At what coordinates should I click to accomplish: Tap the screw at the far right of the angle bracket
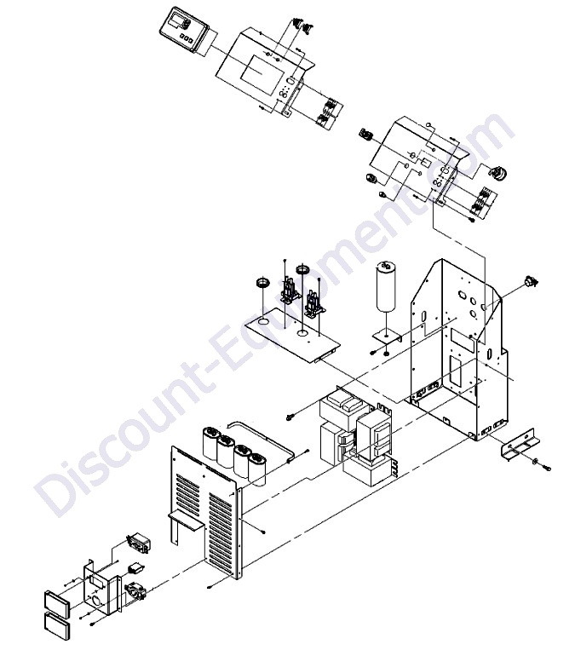click(547, 469)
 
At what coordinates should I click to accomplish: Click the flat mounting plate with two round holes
click(294, 337)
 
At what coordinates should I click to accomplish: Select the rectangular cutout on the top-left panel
click(255, 70)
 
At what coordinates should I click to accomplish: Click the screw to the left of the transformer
click(292, 416)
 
